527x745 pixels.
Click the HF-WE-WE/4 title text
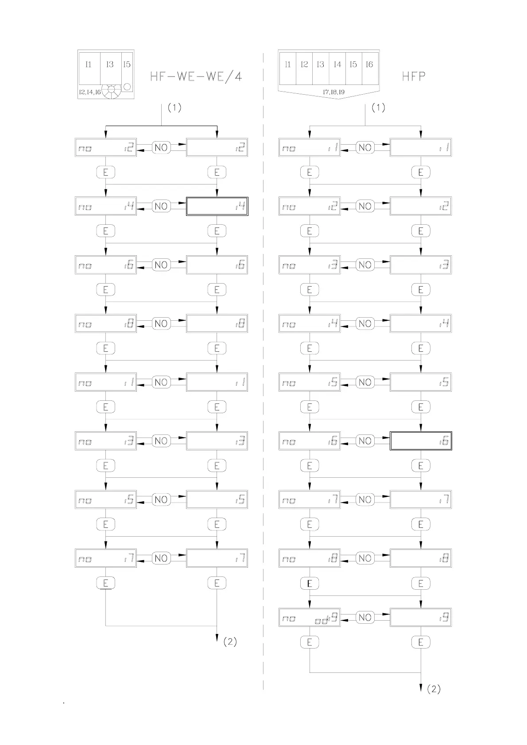click(196, 77)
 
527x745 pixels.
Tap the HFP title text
click(414, 77)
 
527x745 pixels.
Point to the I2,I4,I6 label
click(89, 92)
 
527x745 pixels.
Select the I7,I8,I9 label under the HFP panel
click(334, 92)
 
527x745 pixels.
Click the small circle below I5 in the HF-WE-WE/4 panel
click(127, 87)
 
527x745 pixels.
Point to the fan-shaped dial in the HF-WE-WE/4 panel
click(111, 91)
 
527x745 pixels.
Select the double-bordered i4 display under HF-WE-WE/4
click(217, 206)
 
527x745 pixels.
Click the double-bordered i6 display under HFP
click(421, 441)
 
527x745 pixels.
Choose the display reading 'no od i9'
click(310, 618)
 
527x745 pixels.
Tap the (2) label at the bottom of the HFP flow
click(434, 689)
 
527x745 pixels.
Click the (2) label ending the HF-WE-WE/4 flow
click(230, 642)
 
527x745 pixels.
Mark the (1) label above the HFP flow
click(378, 108)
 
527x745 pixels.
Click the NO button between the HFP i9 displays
click(365, 617)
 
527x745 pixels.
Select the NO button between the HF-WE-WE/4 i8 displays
click(161, 323)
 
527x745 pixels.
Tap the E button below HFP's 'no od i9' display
click(310, 642)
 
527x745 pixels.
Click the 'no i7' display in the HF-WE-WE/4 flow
click(106, 558)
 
